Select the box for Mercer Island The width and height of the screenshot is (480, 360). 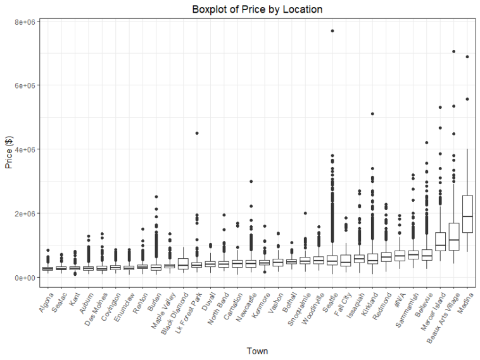click(440, 242)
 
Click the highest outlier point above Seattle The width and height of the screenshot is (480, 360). click(332, 31)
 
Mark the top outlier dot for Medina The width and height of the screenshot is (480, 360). click(467, 57)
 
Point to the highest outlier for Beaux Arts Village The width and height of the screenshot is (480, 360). click(453, 52)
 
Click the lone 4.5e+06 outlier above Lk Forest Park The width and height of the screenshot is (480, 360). click(197, 133)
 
